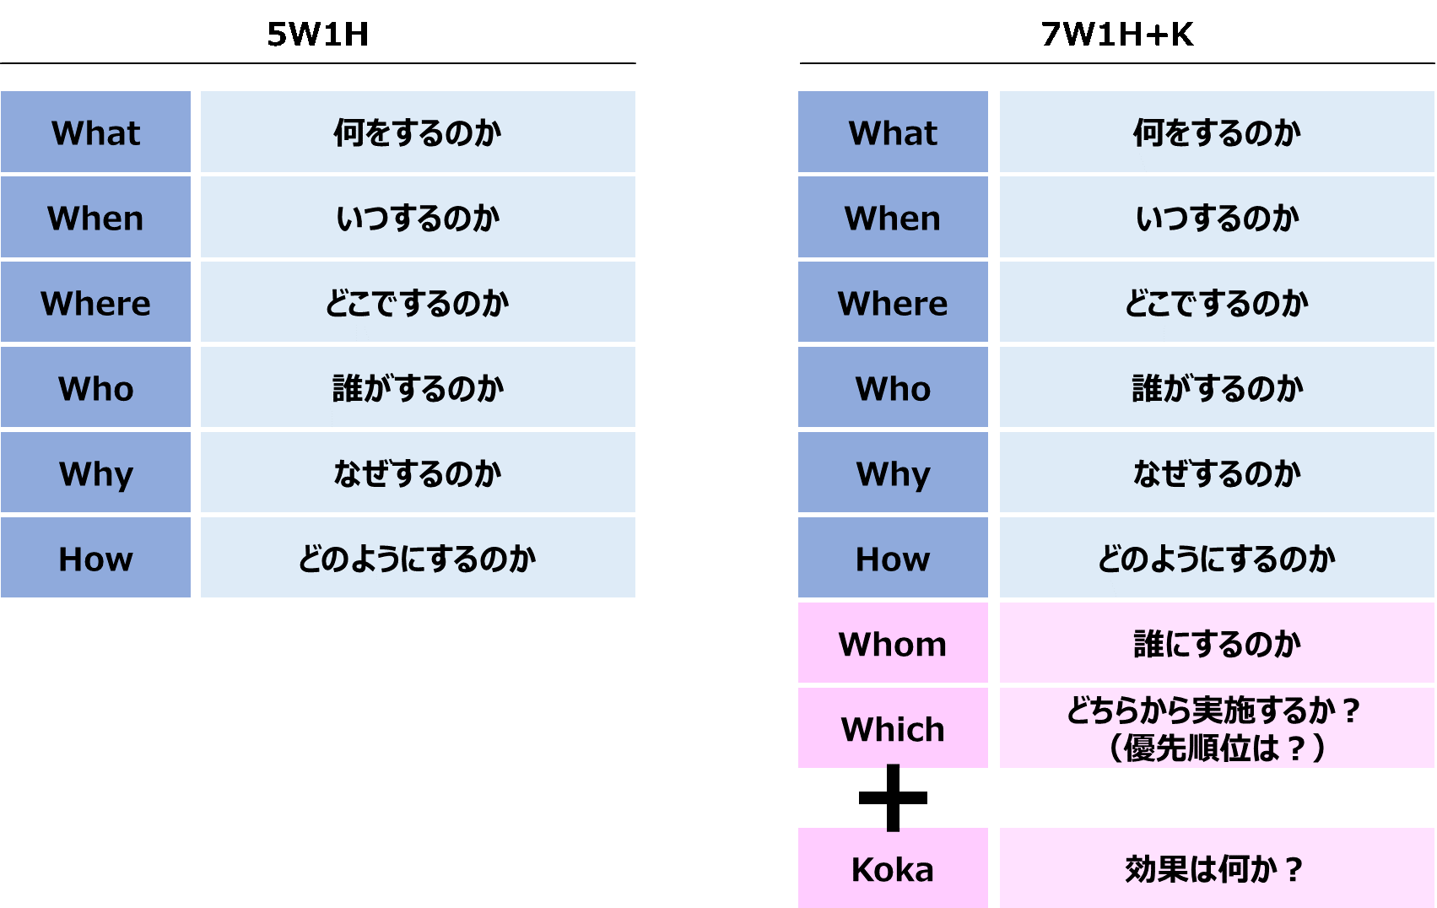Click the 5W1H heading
click(317, 34)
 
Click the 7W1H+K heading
click(1117, 34)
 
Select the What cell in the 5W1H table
click(95, 132)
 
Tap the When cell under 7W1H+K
click(893, 217)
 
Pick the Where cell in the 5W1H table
click(95, 301)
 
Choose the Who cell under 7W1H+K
click(893, 387)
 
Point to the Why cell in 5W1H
click(95, 473)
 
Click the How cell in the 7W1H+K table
click(893, 558)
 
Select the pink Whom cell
click(893, 642)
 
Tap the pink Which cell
click(893, 727)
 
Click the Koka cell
click(893, 867)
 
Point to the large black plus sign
click(893, 797)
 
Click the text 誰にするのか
click(1217, 644)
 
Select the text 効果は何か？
click(1214, 869)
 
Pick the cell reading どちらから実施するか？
click(1217, 727)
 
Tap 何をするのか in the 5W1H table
click(418, 132)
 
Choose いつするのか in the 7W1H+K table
click(1217, 219)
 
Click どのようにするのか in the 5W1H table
click(418, 559)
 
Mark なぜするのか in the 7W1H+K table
click(1217, 473)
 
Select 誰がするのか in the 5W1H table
click(418, 388)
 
